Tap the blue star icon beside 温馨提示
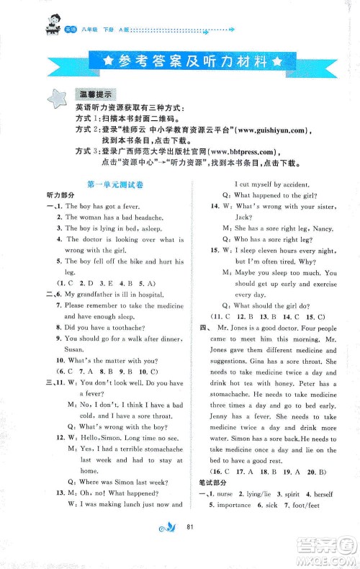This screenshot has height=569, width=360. click(x=55, y=99)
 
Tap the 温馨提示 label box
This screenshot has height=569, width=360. click(x=96, y=94)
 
